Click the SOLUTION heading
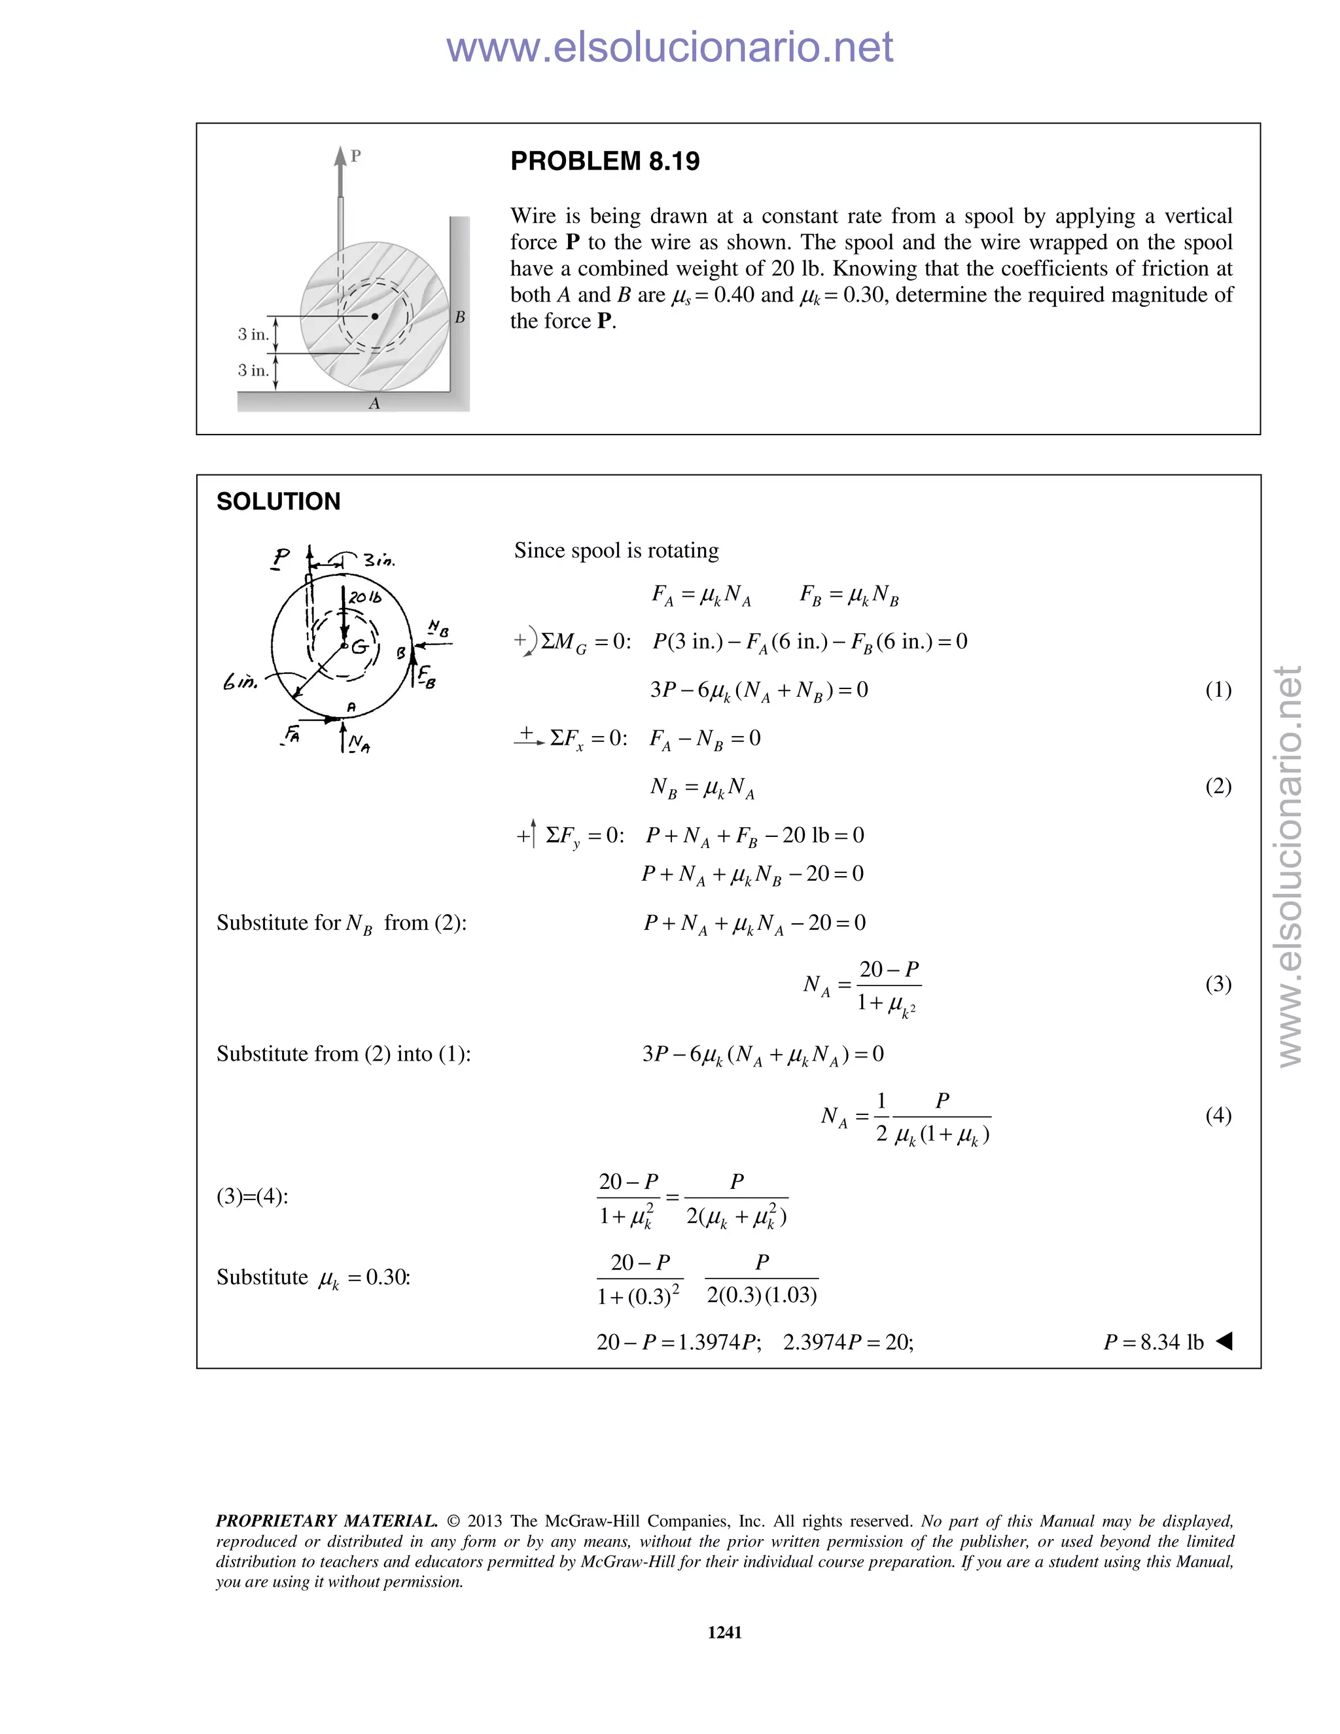(x=278, y=502)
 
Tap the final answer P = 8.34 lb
(x=1154, y=1343)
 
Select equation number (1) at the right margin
(x=1218, y=690)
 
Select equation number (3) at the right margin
(x=1218, y=985)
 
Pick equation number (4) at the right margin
(x=1218, y=1116)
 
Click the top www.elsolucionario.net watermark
(x=669, y=47)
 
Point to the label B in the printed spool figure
(x=459, y=317)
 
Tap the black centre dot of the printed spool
(x=375, y=316)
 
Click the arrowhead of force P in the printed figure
(x=340, y=156)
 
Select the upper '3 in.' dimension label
(x=253, y=334)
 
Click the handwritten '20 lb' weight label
(x=365, y=597)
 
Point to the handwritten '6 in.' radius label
(x=241, y=681)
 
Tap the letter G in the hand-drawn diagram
(x=361, y=647)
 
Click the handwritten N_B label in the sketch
(x=438, y=629)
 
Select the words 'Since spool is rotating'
(x=616, y=550)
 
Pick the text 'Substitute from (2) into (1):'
(x=343, y=1054)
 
